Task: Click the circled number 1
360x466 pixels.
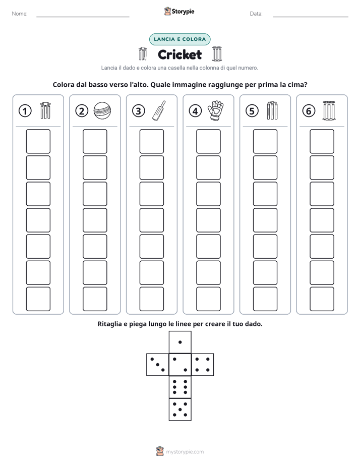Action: tap(25, 111)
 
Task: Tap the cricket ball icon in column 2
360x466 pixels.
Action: tap(102, 111)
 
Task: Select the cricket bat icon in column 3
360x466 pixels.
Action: tap(159, 111)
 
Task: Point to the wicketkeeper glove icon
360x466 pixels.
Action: tap(216, 110)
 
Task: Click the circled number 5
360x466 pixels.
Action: tap(252, 111)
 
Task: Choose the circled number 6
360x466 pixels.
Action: tap(309, 111)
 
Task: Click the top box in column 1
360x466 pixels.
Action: tap(38, 141)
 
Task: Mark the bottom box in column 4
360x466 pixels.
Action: tap(209, 299)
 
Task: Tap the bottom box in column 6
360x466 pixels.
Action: tap(322, 299)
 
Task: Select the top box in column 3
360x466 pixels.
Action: tap(152, 141)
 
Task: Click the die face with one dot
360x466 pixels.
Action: tap(180, 342)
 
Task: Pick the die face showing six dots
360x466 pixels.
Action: tap(180, 387)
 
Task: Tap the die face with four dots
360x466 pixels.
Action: tap(203, 365)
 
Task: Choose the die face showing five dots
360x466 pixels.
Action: tap(180, 410)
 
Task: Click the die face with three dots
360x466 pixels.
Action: tap(158, 365)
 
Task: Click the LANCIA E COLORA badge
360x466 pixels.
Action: tap(179, 39)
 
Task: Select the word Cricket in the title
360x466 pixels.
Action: tap(179, 54)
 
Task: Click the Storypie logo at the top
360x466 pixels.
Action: tap(179, 11)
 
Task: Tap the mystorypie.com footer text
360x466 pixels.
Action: tap(185, 452)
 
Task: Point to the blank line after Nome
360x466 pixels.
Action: tap(83, 17)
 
